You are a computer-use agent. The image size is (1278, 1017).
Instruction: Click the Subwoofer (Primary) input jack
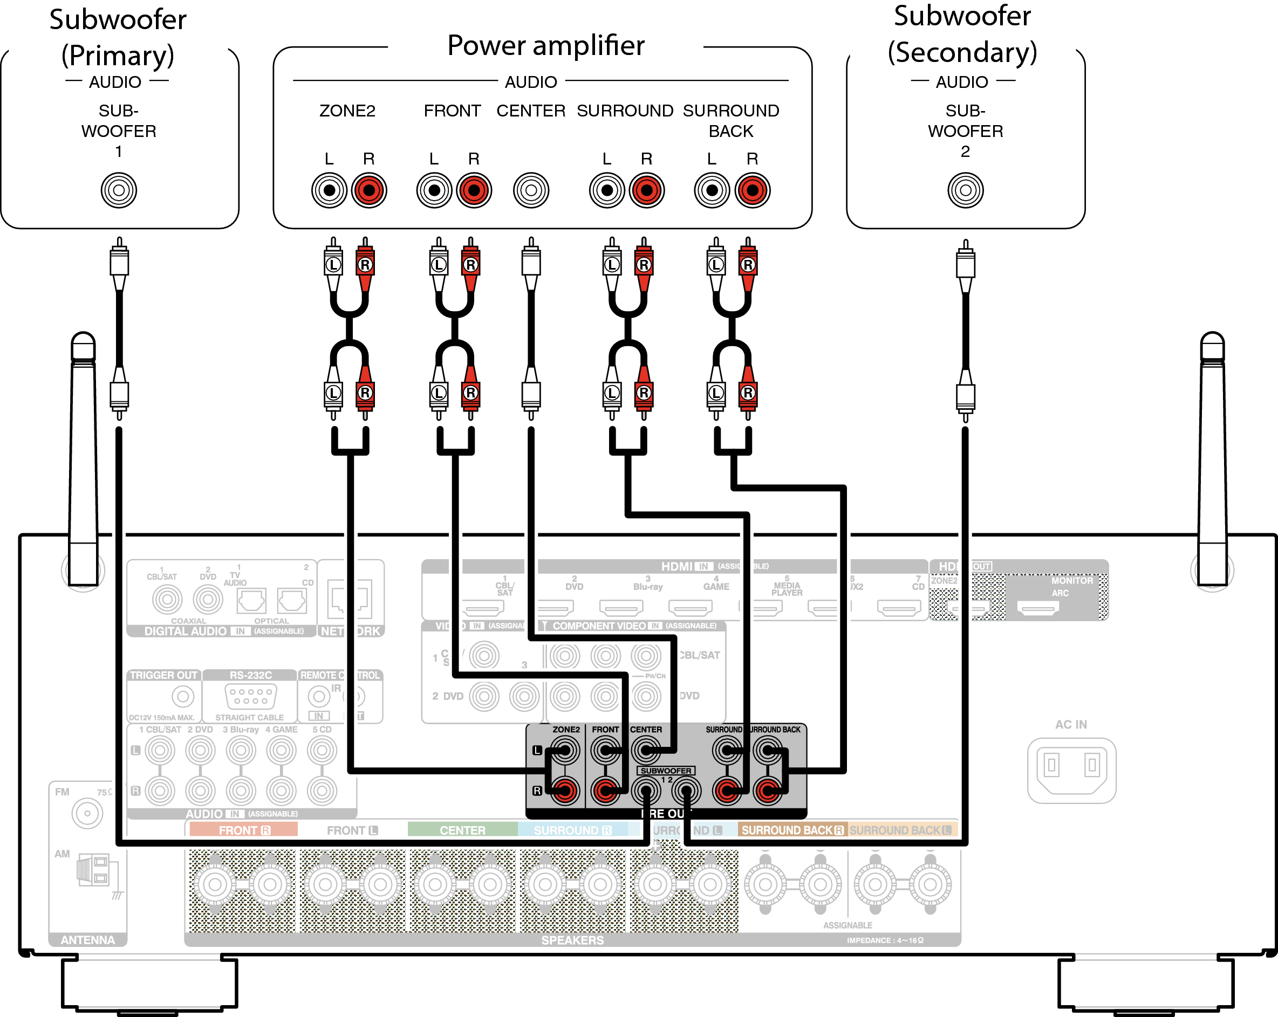119,190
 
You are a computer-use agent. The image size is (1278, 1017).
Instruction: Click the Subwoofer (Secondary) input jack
965,190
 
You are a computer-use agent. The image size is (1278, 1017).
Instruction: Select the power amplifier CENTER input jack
531,190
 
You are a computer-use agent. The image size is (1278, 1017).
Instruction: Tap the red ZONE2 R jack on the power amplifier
368,190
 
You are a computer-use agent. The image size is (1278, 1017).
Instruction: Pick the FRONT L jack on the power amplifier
434,190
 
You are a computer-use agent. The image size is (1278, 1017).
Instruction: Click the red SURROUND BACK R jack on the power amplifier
752,190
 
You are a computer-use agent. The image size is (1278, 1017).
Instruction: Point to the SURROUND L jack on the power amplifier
607,190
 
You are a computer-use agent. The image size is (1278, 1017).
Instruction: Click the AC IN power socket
1071,769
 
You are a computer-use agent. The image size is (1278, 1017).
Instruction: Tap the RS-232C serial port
251,696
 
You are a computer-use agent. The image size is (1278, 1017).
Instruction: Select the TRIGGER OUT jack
182,696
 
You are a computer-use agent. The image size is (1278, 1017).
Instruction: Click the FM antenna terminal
87,813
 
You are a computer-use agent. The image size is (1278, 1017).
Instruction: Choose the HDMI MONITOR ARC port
1038,608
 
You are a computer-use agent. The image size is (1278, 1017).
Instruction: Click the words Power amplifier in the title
545,46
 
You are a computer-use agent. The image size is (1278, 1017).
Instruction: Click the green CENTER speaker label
462,830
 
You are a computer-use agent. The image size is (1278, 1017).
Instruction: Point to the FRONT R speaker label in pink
244,830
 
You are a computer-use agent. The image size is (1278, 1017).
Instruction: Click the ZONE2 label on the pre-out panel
566,730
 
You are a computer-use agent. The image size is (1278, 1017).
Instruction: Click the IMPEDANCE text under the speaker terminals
884,940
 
